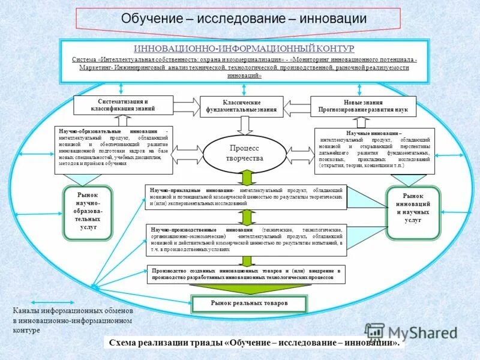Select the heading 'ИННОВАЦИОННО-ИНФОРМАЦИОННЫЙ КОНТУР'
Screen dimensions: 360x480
coord(244,48)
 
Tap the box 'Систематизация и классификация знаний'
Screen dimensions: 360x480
coord(123,105)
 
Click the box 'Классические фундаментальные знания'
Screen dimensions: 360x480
coord(241,106)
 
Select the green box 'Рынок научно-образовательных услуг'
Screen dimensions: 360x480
coord(88,212)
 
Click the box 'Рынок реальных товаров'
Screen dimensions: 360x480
coord(249,304)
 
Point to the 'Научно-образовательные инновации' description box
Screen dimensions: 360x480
coord(113,149)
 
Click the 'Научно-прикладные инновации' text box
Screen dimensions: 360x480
coord(246,196)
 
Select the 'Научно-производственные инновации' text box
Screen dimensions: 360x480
coord(246,239)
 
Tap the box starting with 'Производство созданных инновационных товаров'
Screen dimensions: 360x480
coord(246,274)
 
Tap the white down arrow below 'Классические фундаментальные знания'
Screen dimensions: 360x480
coord(244,125)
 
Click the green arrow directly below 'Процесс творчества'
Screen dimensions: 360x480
coord(247,178)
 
